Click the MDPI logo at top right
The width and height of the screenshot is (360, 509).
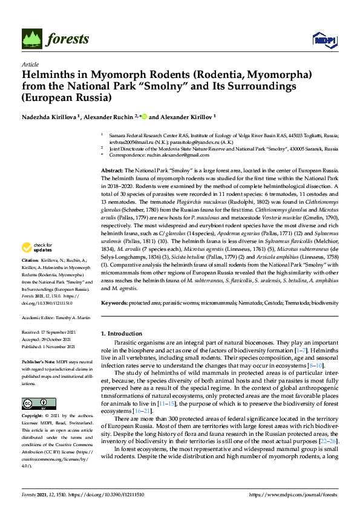(324, 40)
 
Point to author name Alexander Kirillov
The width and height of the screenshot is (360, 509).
(185, 117)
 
